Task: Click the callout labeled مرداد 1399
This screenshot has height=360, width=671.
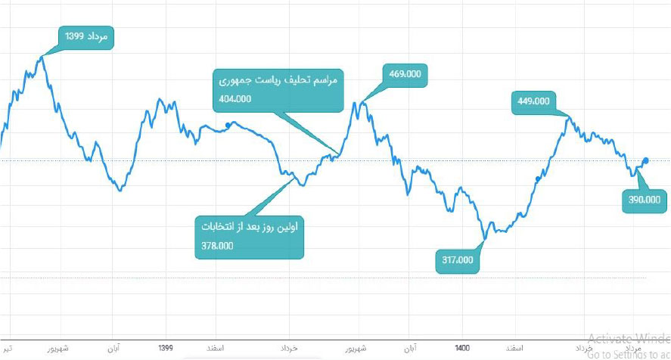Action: [x=86, y=37]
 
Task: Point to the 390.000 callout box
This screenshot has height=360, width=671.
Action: [x=644, y=202]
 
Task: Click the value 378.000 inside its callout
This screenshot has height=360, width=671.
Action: [x=218, y=245]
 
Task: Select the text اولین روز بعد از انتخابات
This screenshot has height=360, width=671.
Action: [x=250, y=226]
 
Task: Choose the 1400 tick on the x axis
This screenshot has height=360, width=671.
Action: [x=463, y=349]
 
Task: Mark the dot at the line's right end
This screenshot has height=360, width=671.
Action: [x=646, y=160]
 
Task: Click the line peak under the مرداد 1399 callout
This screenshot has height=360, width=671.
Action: [x=42, y=56]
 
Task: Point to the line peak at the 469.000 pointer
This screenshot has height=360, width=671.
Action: [x=362, y=102]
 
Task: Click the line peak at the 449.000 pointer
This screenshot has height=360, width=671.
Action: [x=569, y=116]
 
